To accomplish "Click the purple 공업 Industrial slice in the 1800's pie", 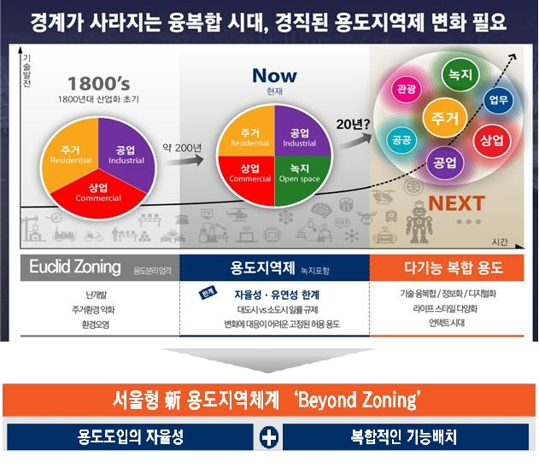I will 125,155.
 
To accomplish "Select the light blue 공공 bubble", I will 400,137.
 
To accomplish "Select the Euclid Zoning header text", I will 74,267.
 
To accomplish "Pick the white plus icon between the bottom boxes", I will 269,438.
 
